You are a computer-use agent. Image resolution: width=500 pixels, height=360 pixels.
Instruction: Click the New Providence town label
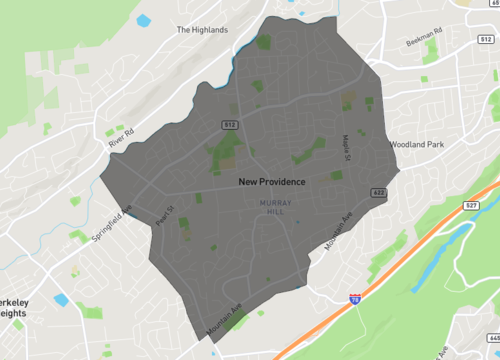click(272, 183)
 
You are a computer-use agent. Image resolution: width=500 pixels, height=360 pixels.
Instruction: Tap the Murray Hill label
click(274, 207)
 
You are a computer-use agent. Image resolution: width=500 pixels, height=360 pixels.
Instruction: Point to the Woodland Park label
click(416, 145)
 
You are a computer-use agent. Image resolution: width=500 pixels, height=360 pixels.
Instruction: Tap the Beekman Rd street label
click(423, 43)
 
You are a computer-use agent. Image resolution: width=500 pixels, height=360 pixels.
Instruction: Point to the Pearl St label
click(165, 214)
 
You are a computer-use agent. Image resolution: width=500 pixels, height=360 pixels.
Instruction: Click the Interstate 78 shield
click(356, 298)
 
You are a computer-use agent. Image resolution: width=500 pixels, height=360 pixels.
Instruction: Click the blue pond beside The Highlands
click(143, 20)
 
